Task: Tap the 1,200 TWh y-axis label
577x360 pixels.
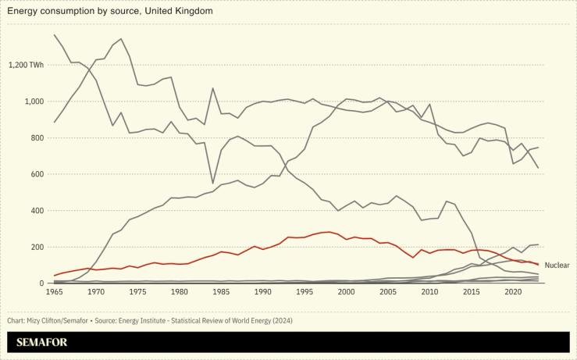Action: coord(26,65)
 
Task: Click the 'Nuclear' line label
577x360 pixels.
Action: coord(557,266)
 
